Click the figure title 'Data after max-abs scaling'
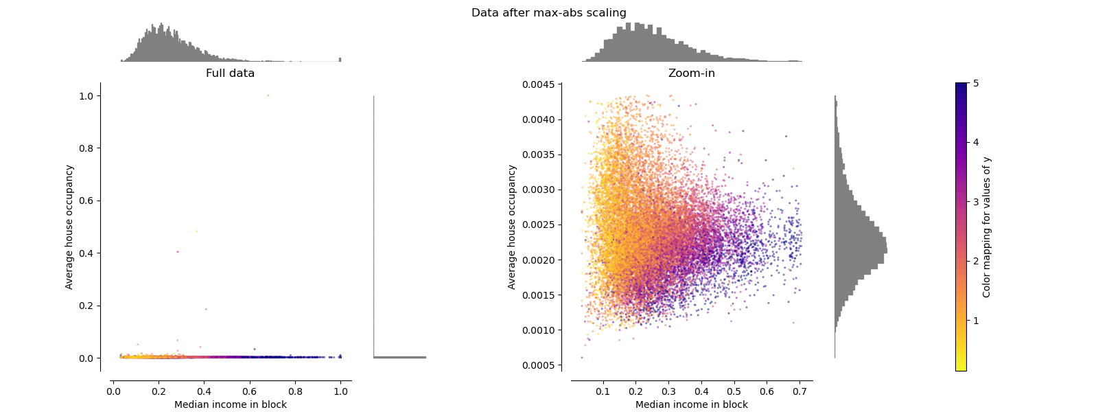pyautogui.click(x=548, y=12)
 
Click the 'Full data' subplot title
pyautogui.click(x=230, y=73)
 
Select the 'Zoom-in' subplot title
pyautogui.click(x=691, y=73)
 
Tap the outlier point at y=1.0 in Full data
pyautogui.click(x=268, y=95)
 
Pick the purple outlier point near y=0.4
pyautogui.click(x=178, y=251)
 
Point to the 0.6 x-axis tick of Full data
pyautogui.click(x=250, y=391)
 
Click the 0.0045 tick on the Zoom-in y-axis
pyautogui.click(x=539, y=84)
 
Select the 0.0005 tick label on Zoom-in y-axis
pyautogui.click(x=539, y=365)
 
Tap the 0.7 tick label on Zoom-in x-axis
pyautogui.click(x=799, y=391)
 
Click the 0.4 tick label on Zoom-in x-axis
pyautogui.click(x=701, y=391)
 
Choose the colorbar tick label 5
pyautogui.click(x=976, y=83)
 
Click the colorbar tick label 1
pyautogui.click(x=976, y=321)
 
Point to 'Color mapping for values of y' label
pyautogui.click(x=987, y=227)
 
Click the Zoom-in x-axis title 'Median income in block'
pyautogui.click(x=691, y=404)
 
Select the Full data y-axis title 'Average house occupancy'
pyautogui.click(x=69, y=227)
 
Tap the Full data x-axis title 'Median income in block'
pyautogui.click(x=230, y=404)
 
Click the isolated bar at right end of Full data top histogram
pyautogui.click(x=340, y=59)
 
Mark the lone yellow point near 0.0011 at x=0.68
pyautogui.click(x=793, y=322)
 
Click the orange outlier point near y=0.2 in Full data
pyautogui.click(x=206, y=309)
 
